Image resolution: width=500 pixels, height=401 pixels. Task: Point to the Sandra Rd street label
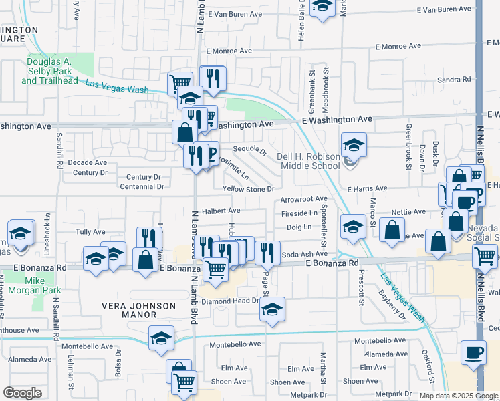point(454,79)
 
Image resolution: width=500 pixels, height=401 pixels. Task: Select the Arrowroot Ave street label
point(303,199)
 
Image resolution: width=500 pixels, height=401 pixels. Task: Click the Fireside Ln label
point(299,213)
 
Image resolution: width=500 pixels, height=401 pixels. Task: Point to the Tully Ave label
point(90,232)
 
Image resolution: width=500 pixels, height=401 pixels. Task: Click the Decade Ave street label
point(87,162)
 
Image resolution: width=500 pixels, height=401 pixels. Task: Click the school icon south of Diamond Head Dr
point(272,309)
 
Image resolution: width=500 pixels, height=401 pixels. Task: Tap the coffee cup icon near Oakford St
point(474,352)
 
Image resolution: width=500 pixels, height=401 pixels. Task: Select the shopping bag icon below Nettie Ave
point(392,230)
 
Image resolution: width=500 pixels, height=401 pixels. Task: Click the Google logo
point(22,393)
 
